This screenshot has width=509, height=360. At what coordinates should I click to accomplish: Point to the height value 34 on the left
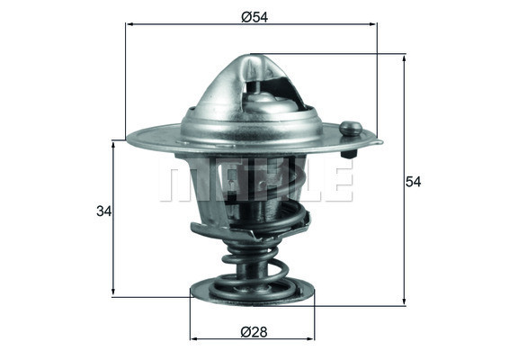click(104, 212)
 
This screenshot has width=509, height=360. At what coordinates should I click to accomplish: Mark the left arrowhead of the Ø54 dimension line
click(128, 26)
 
